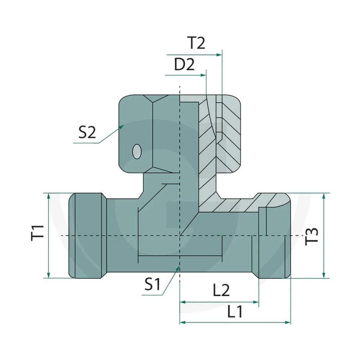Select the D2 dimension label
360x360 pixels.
point(184,64)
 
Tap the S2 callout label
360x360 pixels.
point(87,132)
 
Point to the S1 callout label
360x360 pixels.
point(152,284)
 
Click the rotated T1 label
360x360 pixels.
point(37,233)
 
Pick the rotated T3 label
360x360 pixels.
point(311,237)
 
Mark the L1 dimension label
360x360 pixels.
point(235,311)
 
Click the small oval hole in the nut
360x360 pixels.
point(137,152)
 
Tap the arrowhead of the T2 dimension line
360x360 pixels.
point(219,55)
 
